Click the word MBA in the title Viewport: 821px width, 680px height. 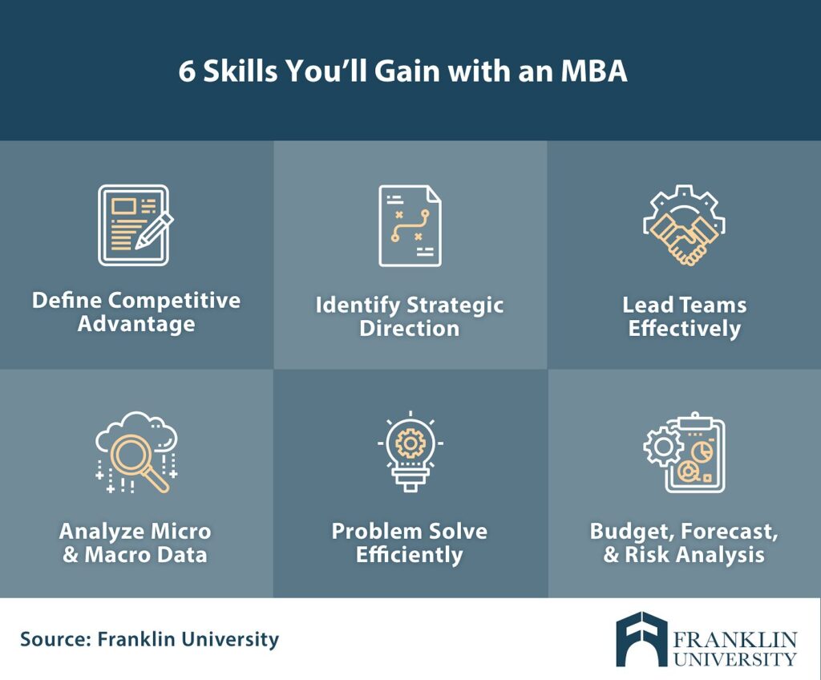click(x=594, y=71)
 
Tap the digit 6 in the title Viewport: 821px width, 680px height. click(x=186, y=71)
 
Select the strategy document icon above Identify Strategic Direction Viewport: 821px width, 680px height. click(x=410, y=225)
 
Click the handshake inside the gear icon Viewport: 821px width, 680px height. click(x=685, y=238)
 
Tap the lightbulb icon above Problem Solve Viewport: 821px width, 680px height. click(x=410, y=451)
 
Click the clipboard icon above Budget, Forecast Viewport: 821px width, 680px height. click(x=694, y=452)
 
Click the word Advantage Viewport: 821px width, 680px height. click(x=136, y=324)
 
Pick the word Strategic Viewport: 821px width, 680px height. click(x=455, y=306)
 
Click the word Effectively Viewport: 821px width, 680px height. click(x=685, y=329)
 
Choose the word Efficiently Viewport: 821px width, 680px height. click(x=410, y=554)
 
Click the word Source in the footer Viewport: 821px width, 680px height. click(x=55, y=639)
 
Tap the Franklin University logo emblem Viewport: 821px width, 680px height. click(x=641, y=639)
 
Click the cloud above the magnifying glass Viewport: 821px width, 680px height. click(x=136, y=430)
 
